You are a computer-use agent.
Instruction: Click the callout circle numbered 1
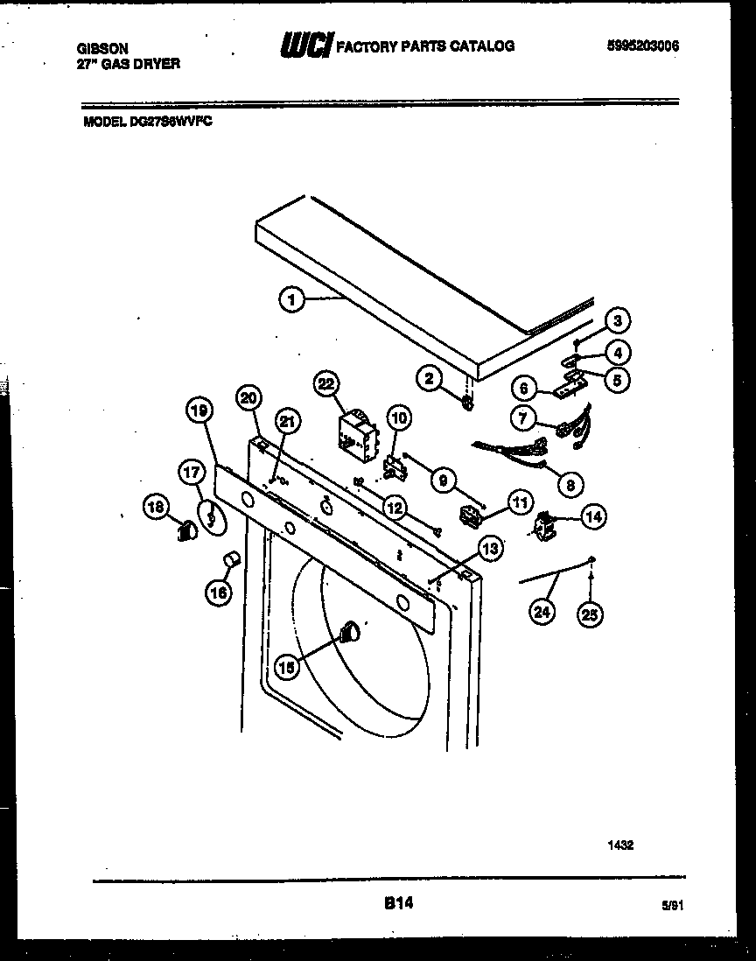[291, 300]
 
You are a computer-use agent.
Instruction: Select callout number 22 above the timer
[326, 384]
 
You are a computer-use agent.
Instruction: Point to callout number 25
[590, 615]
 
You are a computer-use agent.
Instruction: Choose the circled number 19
[199, 409]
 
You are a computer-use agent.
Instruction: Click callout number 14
[593, 517]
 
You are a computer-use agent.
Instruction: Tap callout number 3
[617, 320]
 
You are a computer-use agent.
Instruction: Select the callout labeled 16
[217, 593]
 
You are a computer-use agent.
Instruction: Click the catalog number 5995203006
[642, 46]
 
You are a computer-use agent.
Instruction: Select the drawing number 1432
[620, 845]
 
